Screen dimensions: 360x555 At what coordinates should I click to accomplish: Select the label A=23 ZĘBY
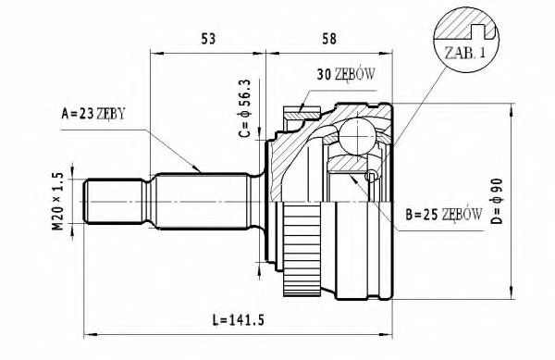coord(92,115)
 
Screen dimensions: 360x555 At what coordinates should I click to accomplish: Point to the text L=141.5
coord(239,322)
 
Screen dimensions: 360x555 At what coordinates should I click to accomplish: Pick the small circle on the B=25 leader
coord(371,176)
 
